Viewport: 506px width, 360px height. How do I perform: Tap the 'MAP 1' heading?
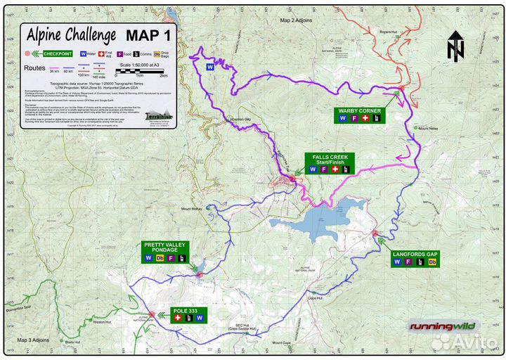(150, 35)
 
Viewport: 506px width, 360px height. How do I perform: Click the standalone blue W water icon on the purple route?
(209, 67)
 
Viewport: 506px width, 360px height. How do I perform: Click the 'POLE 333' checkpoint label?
(189, 309)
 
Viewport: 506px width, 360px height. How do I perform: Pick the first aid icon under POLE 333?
(177, 319)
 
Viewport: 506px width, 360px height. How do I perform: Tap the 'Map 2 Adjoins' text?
(297, 20)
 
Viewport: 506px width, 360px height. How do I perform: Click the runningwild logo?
(443, 326)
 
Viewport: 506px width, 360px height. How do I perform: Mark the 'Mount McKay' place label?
(191, 209)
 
